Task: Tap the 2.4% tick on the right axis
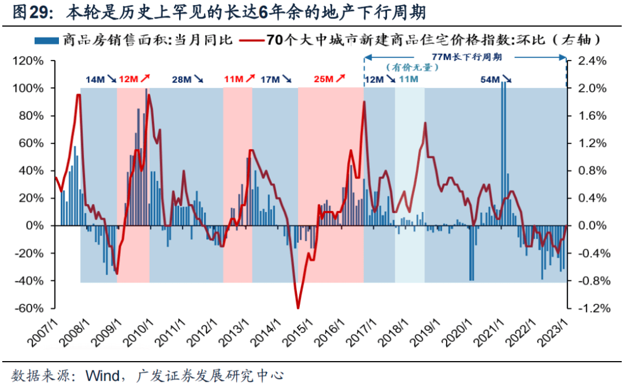pyautogui.click(x=588, y=61)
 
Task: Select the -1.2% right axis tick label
pyautogui.click(x=586, y=308)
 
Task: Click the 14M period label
pyautogui.click(x=95, y=79)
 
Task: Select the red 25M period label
pyautogui.click(x=322, y=79)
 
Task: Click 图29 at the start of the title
pyautogui.click(x=27, y=12)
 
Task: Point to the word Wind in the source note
pyautogui.click(x=102, y=376)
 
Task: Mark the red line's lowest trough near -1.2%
pyautogui.click(x=298, y=307)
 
